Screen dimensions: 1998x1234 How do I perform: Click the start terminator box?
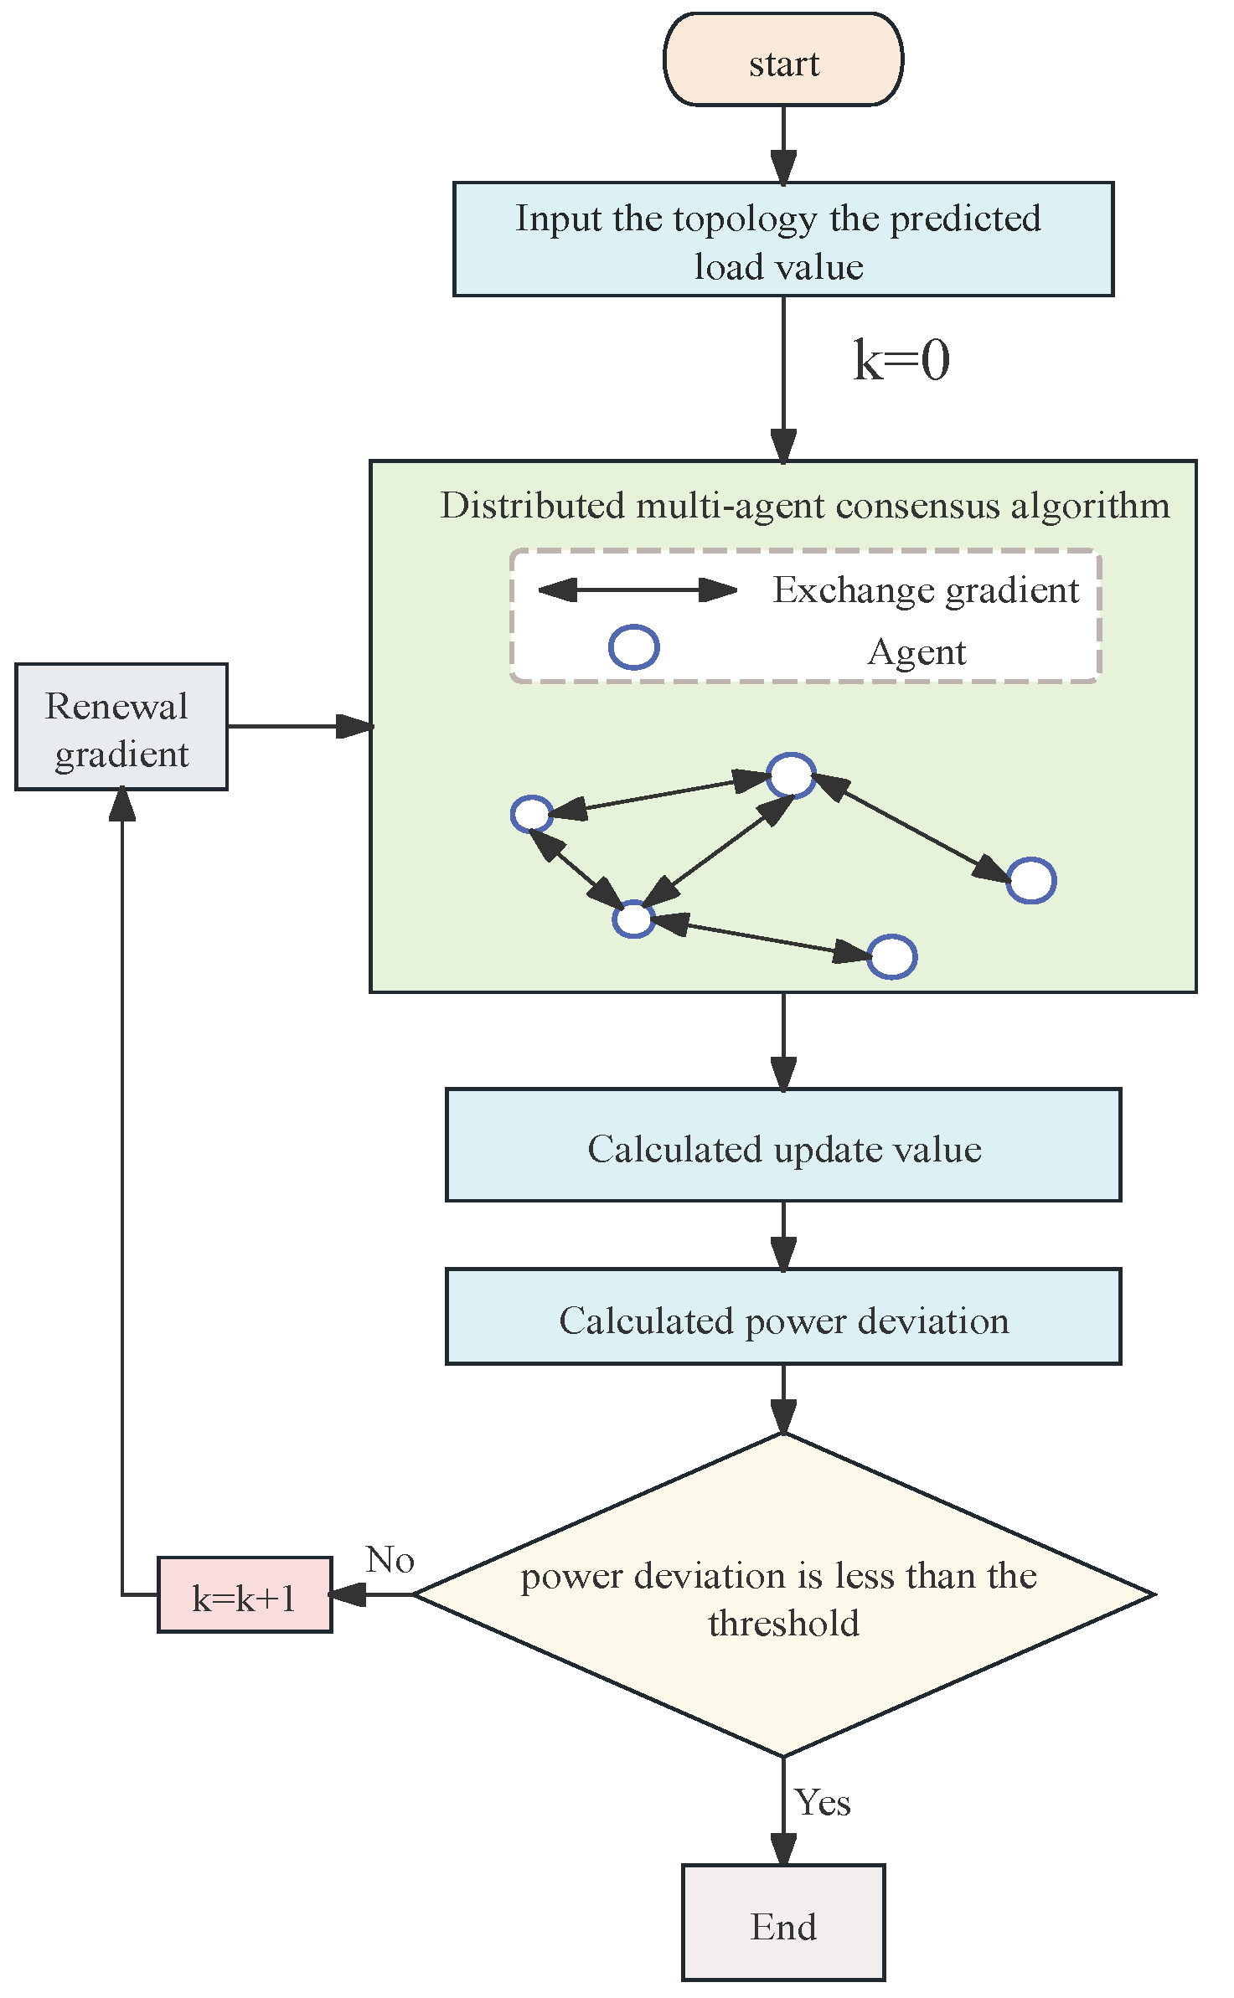coord(782,60)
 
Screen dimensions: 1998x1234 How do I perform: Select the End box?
coord(782,1925)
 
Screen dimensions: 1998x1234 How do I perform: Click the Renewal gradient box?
coord(121,727)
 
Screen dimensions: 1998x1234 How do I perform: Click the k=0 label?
coord(901,361)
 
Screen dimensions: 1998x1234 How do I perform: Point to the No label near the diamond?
coord(390,1559)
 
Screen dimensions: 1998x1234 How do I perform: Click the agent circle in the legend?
coord(633,647)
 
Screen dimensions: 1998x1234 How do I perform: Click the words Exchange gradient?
coord(925,590)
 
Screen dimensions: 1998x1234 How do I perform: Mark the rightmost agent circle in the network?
coord(1030,880)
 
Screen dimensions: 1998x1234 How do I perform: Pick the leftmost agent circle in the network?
coord(532,813)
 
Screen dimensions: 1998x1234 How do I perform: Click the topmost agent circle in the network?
coord(791,775)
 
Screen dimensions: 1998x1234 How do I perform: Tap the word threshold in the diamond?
coord(783,1624)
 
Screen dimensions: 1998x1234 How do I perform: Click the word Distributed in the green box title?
coord(533,506)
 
